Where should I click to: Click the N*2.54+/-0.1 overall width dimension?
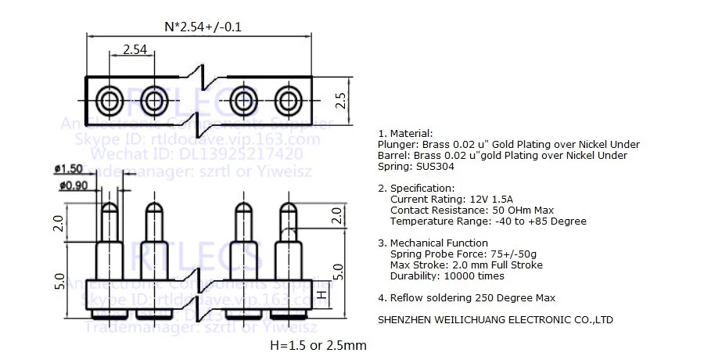coord(203,26)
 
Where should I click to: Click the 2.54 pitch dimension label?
coord(135,49)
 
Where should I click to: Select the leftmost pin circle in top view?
coord(109,99)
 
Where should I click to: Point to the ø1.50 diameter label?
coord(69,169)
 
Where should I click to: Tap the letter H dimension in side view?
coord(321,295)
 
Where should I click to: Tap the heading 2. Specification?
coord(415,189)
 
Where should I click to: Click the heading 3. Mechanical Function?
coord(433,243)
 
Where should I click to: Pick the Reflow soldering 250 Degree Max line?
coord(466,297)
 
